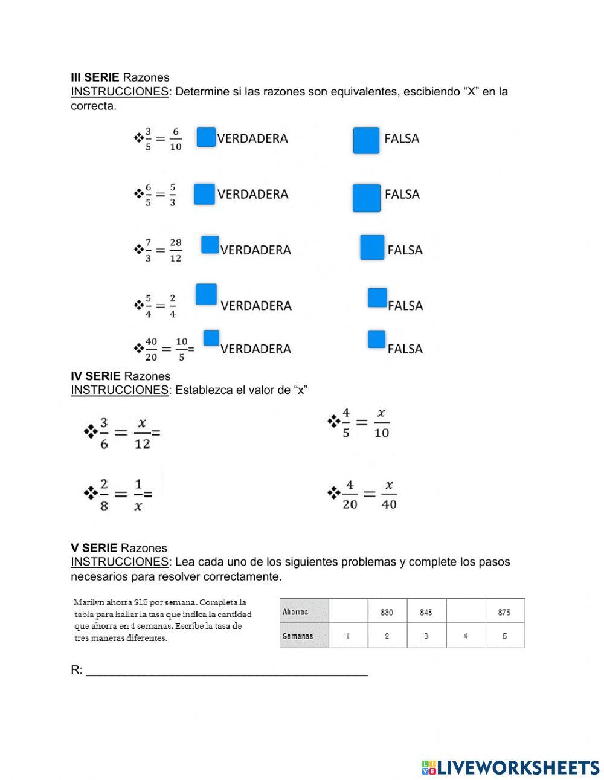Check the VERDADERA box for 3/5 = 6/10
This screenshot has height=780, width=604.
point(206,137)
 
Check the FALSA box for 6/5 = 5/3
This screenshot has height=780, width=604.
point(366,198)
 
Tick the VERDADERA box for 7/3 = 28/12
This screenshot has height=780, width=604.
point(210,245)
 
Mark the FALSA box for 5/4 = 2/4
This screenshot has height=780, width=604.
point(377,297)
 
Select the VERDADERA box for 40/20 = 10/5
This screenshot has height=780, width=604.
point(211,338)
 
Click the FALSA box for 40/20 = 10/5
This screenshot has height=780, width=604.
point(376,340)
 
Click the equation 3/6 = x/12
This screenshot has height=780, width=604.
point(123,433)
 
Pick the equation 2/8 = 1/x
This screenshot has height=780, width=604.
point(119,494)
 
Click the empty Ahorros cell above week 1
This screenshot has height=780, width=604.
point(348,611)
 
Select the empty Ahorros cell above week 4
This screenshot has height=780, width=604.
point(465,611)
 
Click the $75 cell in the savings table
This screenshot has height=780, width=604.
point(504,611)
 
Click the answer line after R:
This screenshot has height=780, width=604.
point(226,670)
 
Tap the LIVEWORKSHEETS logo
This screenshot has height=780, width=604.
point(510,767)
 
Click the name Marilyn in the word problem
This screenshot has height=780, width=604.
point(89,602)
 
